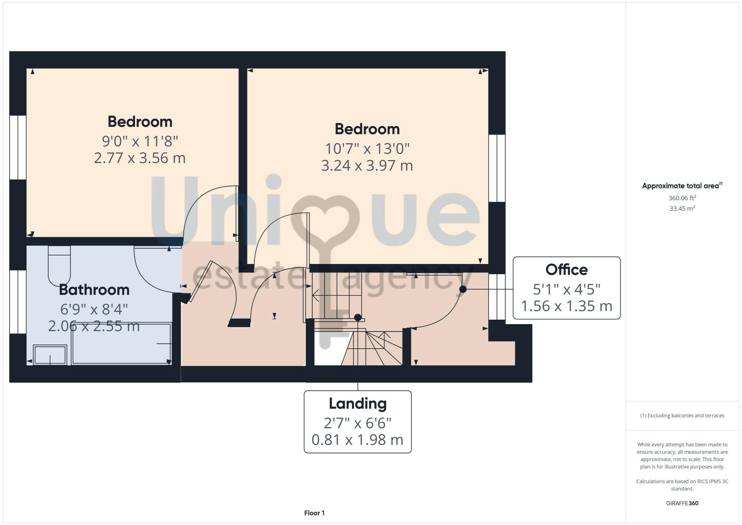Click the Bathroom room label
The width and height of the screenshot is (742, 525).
click(94, 290)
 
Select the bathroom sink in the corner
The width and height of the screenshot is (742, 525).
click(50, 355)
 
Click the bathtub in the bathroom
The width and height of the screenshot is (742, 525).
click(121, 344)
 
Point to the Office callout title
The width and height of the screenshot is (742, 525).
click(567, 270)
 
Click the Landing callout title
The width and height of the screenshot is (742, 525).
click(358, 404)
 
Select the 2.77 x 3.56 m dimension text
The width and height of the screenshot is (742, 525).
click(139, 158)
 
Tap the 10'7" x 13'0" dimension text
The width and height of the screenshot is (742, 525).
click(367, 149)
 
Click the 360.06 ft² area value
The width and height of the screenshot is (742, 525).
click(682, 198)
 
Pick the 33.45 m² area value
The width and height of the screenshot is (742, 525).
click(682, 209)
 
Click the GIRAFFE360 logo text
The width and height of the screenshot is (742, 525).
click(682, 503)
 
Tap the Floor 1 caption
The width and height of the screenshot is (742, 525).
click(314, 513)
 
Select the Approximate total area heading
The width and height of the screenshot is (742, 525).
click(682, 186)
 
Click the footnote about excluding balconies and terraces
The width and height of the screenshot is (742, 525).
click(682, 416)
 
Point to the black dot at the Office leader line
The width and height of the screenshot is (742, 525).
click(463, 289)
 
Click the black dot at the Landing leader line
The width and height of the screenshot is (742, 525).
click(358, 317)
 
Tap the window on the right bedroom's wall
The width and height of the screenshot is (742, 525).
click(497, 168)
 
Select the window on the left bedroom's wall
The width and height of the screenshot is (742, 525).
click(18, 147)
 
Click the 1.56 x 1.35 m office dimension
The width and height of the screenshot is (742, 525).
click(567, 306)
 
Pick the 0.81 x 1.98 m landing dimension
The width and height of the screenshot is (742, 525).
click(358, 440)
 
